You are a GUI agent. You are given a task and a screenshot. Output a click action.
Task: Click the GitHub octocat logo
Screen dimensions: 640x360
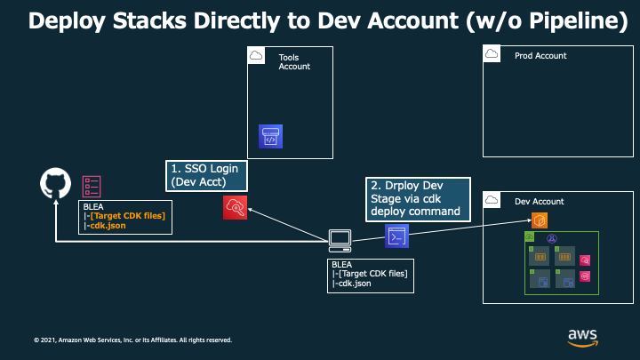pyautogui.click(x=55, y=183)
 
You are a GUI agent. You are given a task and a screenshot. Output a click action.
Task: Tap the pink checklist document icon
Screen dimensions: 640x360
pyautogui.click(x=92, y=187)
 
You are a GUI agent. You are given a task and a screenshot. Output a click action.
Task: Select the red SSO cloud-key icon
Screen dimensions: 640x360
pyautogui.click(x=235, y=207)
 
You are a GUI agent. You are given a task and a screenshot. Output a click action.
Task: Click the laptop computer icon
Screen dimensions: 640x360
pyautogui.click(x=340, y=241)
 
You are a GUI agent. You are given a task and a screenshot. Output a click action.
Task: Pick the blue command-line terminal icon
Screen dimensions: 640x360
pyautogui.click(x=396, y=236)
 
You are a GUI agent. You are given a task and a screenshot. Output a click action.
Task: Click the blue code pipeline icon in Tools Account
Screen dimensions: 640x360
pyautogui.click(x=270, y=136)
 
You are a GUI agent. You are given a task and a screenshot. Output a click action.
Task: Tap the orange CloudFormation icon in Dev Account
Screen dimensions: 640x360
pyautogui.click(x=540, y=220)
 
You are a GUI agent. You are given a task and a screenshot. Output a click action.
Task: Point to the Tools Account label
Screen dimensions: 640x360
pyautogui.click(x=294, y=62)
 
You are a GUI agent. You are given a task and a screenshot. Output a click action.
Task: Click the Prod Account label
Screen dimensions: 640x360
pyautogui.click(x=540, y=56)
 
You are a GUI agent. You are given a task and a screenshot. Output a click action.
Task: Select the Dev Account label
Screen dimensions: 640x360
pyautogui.click(x=540, y=202)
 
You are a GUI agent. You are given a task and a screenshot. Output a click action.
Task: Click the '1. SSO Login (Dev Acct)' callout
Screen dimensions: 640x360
pyautogui.click(x=206, y=176)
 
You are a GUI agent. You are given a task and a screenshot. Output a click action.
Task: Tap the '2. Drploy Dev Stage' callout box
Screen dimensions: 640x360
pyautogui.click(x=418, y=200)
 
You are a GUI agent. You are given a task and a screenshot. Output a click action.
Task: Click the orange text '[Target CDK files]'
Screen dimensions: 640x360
pyautogui.click(x=128, y=216)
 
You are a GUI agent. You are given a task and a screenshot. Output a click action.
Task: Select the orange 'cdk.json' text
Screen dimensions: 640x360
pyautogui.click(x=108, y=226)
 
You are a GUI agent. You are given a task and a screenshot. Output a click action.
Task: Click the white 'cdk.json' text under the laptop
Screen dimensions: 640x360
pyautogui.click(x=355, y=284)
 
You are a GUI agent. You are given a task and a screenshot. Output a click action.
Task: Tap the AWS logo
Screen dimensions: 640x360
pyautogui.click(x=582, y=338)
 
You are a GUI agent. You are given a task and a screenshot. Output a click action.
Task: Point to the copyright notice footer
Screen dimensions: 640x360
pyautogui.click(x=132, y=340)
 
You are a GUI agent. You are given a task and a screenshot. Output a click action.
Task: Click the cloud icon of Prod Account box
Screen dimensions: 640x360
pyautogui.click(x=492, y=54)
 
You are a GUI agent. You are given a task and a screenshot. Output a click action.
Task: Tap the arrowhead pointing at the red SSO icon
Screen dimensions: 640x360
pyautogui.click(x=250, y=210)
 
